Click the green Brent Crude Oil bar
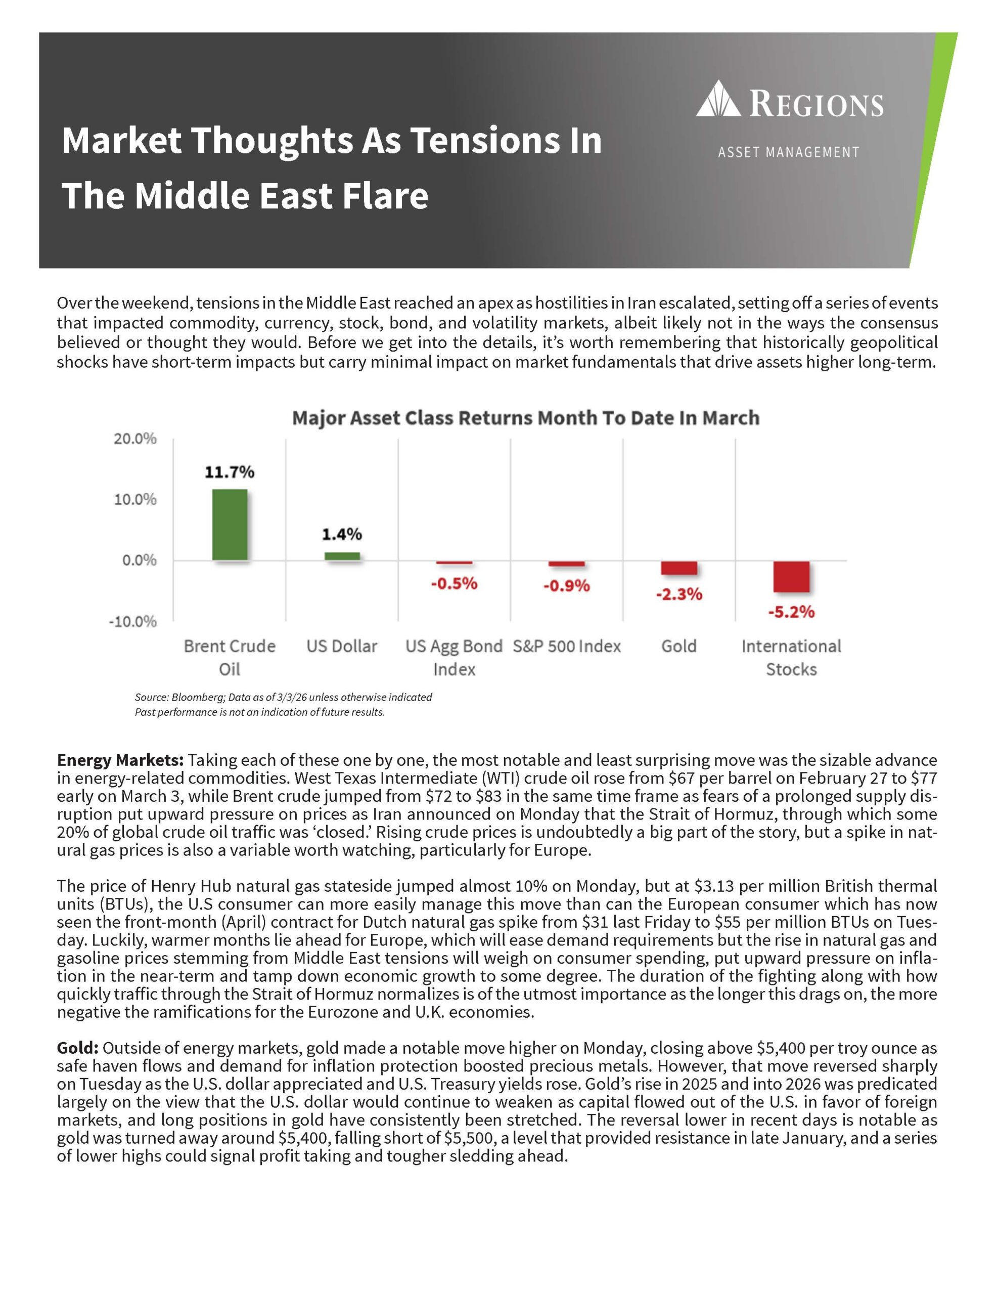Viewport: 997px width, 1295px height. [x=230, y=524]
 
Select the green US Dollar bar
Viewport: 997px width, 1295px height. [x=341, y=555]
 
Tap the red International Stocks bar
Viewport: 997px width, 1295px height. [x=791, y=576]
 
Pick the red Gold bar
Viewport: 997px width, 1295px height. [x=678, y=568]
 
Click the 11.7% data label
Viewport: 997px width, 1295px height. [x=230, y=472]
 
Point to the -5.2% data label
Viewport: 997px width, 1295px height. [x=791, y=612]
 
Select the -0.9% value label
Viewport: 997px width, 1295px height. [x=566, y=586]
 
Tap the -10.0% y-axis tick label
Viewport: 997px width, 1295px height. [x=133, y=621]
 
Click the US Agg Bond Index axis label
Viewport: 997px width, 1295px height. [x=454, y=657]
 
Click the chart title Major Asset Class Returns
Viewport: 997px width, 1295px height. [x=525, y=418]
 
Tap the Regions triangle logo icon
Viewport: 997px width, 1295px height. [x=718, y=99]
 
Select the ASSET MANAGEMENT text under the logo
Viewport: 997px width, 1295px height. [x=788, y=153]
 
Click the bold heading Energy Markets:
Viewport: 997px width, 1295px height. [x=121, y=760]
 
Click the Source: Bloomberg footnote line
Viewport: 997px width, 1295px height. [x=283, y=697]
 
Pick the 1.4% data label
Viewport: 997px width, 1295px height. [x=341, y=534]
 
